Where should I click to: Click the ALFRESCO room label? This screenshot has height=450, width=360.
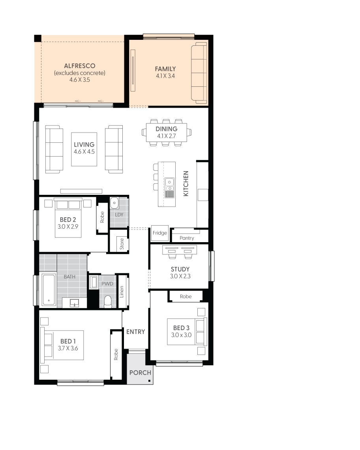79,66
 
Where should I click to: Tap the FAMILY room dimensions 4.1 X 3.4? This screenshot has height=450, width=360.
165,75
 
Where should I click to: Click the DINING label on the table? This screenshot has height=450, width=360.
166,129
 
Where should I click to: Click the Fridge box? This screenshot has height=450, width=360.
160,233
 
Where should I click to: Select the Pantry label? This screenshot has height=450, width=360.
187,238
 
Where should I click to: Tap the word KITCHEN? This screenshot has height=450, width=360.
186,183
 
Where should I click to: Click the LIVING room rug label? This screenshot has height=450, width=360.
84,145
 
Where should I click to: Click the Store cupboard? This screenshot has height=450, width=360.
122,244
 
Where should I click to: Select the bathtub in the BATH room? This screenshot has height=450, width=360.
49,290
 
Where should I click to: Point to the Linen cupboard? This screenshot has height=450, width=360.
122,291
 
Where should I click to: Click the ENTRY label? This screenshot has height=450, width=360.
135,332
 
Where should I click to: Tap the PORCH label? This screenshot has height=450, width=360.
140,373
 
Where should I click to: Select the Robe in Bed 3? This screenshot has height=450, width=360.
186,296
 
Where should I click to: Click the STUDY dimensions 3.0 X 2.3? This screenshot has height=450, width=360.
180,276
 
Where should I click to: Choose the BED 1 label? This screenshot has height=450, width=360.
66,341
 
